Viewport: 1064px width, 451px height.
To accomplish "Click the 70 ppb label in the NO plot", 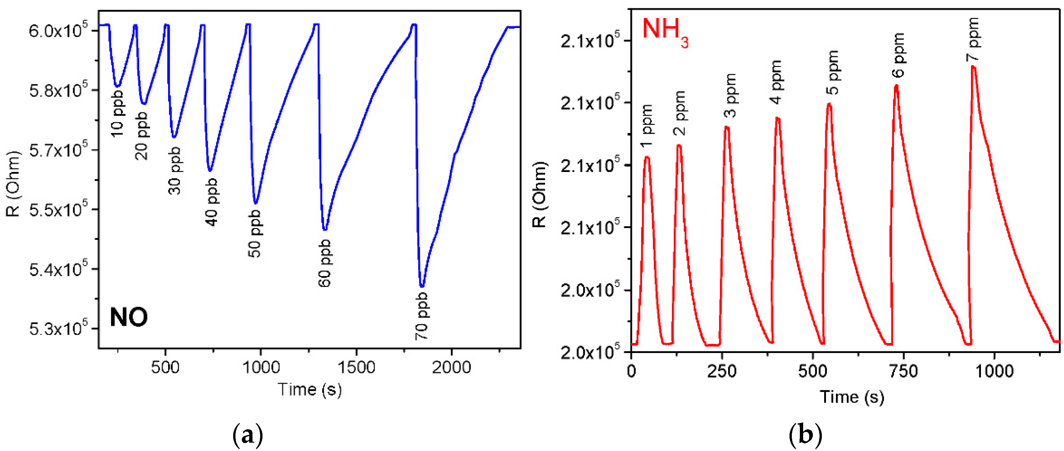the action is click(421, 316).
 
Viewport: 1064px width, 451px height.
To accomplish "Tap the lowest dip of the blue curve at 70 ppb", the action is click(422, 286).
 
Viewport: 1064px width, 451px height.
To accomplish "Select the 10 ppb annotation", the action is click(117, 113).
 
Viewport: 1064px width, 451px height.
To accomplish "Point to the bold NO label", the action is click(128, 317).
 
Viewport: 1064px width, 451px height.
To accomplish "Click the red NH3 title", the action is click(665, 31).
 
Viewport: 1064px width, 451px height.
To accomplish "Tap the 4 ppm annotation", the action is click(776, 82).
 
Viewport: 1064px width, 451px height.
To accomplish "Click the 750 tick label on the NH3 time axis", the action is click(904, 371).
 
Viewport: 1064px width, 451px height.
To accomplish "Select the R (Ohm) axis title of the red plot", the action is click(539, 194).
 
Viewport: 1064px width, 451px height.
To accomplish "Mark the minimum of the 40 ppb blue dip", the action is click(210, 170).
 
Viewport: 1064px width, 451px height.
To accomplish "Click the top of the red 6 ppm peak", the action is click(896, 86).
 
